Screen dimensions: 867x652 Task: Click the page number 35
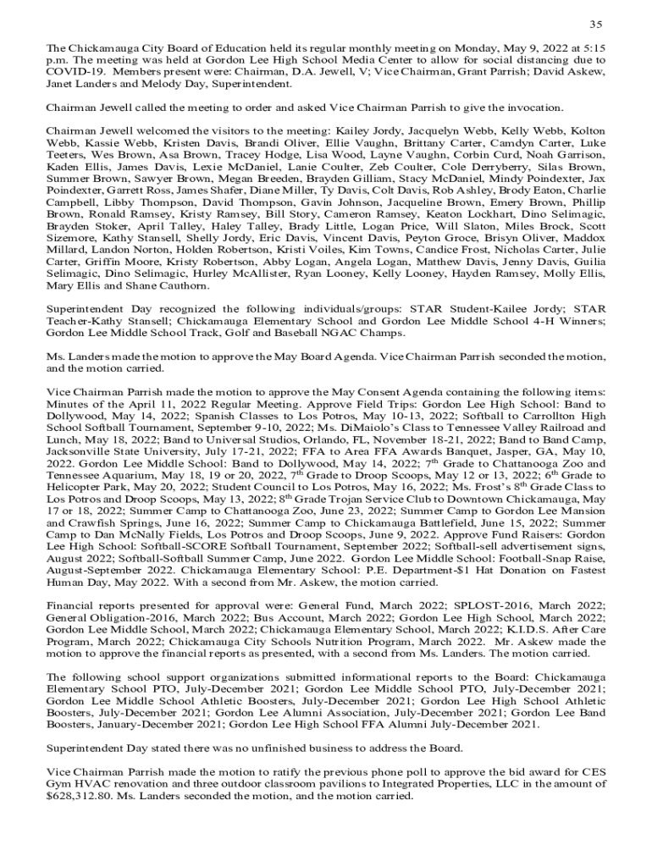(595, 23)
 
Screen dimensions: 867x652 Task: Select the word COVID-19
(77, 72)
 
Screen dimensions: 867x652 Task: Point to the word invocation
(533, 108)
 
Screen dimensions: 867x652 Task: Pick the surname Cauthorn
(186, 286)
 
